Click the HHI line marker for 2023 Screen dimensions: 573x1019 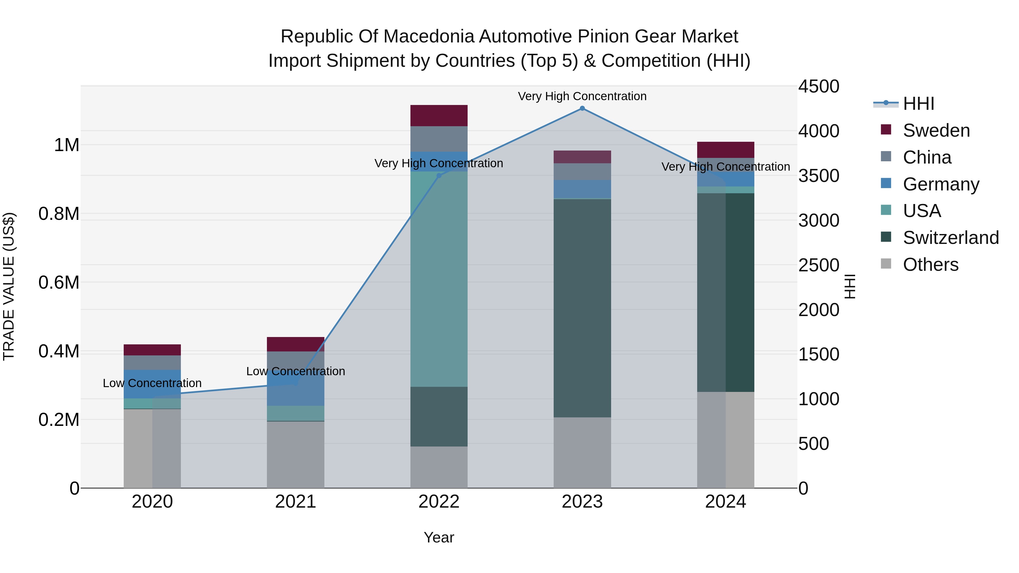tap(582, 108)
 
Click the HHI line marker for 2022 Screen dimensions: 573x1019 tap(439, 175)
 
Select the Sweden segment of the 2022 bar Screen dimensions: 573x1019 tap(439, 115)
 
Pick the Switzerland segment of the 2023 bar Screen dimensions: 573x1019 tap(582, 308)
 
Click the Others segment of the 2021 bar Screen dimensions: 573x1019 tap(296, 455)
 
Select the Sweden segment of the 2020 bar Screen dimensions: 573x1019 tap(152, 350)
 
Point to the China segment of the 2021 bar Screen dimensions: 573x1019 tap(296, 360)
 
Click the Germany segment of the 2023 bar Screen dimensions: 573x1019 tap(582, 189)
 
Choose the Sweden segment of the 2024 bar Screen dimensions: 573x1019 tap(725, 150)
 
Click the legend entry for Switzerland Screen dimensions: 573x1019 tap(951, 238)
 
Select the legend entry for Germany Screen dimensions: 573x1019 tap(941, 184)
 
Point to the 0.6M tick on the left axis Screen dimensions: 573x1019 tap(59, 283)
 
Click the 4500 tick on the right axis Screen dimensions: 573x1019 tap(818, 86)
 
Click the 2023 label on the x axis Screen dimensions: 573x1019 tap(582, 502)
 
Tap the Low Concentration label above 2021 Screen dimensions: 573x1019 tap(296, 371)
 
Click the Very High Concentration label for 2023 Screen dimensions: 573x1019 tap(582, 96)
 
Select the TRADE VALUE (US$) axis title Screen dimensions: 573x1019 tap(9, 286)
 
